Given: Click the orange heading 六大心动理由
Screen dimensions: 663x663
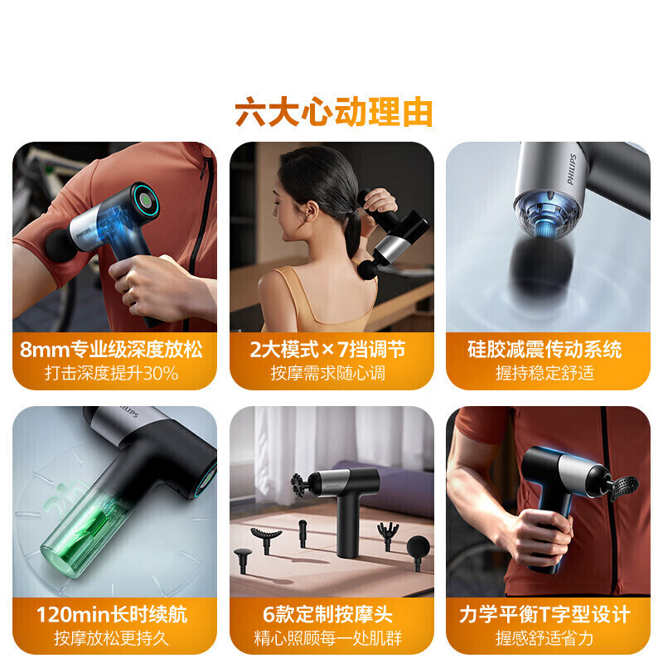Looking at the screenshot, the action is tap(334, 112).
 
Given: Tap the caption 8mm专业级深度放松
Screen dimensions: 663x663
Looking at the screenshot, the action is tap(111, 349).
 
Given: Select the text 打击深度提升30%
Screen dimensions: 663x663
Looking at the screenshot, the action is tap(111, 373).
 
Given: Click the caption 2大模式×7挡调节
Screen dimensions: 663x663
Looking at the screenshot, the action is tap(327, 349).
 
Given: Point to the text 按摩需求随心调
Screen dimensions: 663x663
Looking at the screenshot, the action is tap(327, 373).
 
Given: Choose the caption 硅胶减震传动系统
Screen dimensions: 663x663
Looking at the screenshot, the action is tap(544, 349).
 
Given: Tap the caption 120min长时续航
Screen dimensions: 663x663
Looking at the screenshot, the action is tap(111, 614).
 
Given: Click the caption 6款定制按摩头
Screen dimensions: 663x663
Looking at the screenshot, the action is tap(327, 614).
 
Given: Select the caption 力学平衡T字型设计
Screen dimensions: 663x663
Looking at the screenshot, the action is tap(544, 614).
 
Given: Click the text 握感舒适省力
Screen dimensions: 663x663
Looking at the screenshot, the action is tap(544, 638).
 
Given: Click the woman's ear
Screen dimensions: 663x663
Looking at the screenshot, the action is tap(312, 211).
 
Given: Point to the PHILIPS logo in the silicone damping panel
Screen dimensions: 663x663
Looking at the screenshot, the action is tap(571, 169).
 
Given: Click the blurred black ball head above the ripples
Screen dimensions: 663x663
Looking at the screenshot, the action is tap(540, 267).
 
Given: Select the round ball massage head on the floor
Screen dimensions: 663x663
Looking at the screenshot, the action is tap(418, 550).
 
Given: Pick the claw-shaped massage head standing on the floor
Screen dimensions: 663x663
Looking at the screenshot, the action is tap(388, 534).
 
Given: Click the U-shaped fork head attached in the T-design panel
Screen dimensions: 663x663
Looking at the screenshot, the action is tap(624, 487).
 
